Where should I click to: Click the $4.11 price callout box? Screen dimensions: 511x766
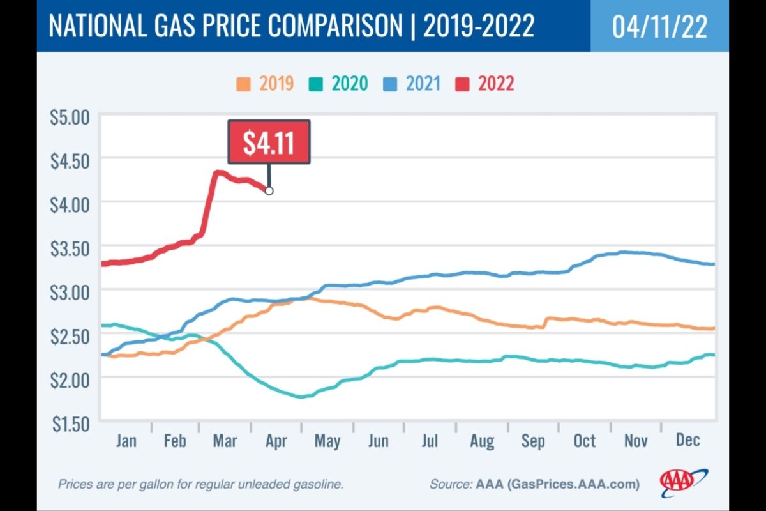[269, 142]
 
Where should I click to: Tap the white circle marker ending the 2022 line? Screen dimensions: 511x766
[269, 190]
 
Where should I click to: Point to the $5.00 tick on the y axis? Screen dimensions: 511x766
[70, 118]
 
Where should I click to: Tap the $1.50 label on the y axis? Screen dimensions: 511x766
[70, 422]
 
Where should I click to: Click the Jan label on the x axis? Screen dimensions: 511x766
[126, 441]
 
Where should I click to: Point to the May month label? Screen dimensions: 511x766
[327, 441]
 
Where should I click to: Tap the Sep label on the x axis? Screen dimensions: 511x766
[533, 441]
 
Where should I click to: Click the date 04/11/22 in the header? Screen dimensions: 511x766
[659, 27]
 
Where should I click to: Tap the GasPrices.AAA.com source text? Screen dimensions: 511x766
[569, 484]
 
